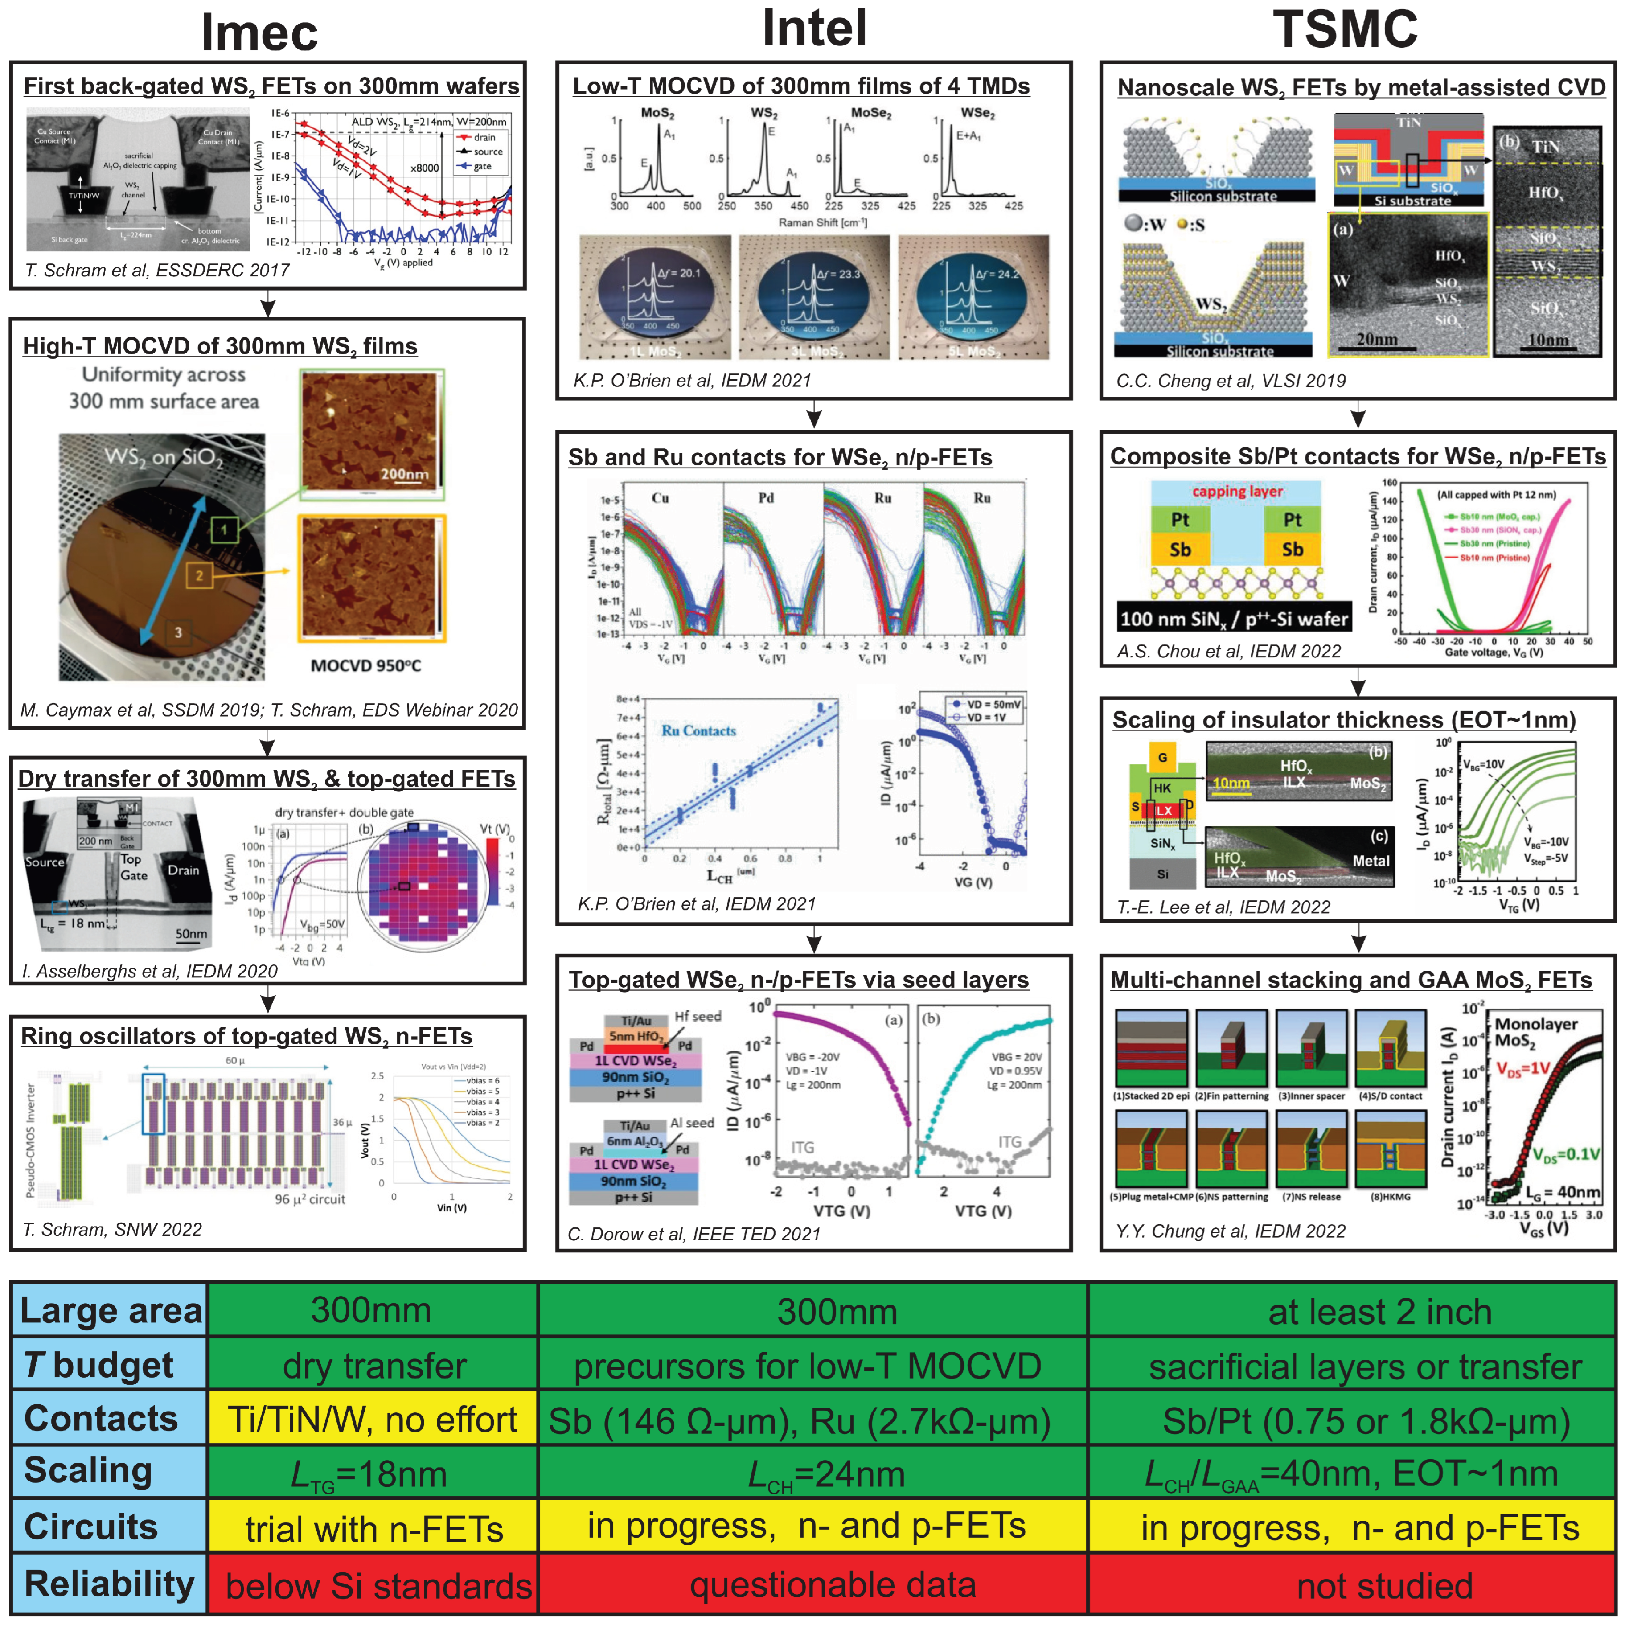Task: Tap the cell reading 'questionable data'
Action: click(833, 1584)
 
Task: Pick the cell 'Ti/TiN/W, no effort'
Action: click(372, 1420)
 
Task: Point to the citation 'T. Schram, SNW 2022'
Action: click(112, 1230)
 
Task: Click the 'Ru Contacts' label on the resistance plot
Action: click(698, 731)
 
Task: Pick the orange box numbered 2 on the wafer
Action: click(199, 575)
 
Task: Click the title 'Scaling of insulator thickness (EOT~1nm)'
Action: click(1343, 720)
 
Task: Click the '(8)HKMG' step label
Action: click(1390, 1197)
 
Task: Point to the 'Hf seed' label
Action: click(697, 1016)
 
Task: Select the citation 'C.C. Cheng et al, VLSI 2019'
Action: click(1231, 381)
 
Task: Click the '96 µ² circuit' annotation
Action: click(309, 1199)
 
